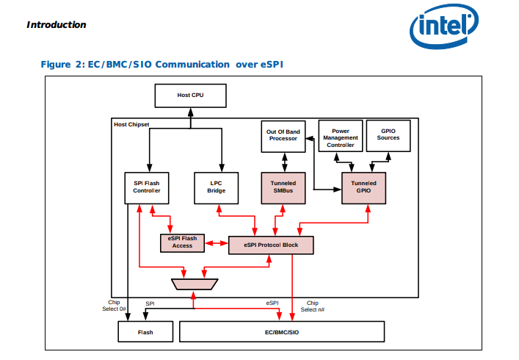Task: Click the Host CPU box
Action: point(191,96)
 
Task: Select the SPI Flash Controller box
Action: point(147,188)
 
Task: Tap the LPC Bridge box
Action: point(216,188)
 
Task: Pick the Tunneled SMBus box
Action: point(283,188)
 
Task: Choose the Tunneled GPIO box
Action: point(364,188)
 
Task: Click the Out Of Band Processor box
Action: point(283,137)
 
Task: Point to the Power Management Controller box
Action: point(341,136)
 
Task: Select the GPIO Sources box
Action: point(388,136)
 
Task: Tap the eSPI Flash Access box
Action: point(182,243)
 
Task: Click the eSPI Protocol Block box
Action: point(271,245)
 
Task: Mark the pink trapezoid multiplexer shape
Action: point(195,284)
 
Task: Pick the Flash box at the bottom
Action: point(145,331)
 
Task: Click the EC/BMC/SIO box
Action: point(282,331)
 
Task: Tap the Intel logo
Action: point(444,26)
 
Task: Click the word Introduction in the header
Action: point(57,25)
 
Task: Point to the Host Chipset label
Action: point(131,124)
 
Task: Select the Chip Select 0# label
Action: point(114,306)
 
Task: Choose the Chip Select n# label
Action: point(313,306)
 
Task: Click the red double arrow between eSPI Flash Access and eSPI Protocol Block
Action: point(217,243)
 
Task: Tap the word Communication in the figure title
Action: point(192,64)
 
